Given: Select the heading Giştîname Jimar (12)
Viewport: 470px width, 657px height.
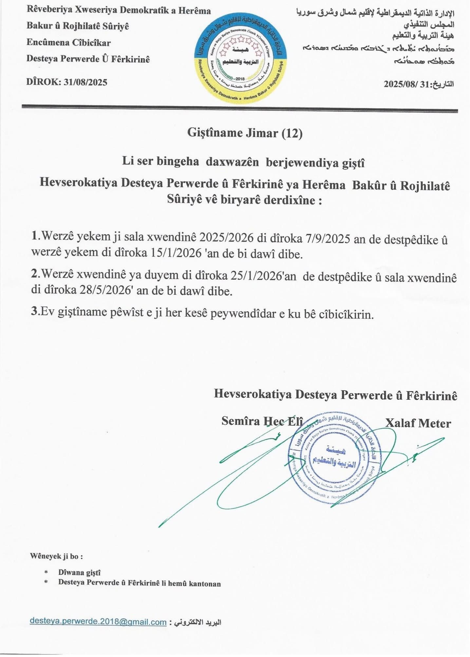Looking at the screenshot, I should [245, 134].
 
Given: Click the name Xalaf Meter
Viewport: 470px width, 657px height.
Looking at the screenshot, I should [418, 423].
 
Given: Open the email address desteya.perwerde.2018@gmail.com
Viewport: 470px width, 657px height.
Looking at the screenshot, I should [98, 621].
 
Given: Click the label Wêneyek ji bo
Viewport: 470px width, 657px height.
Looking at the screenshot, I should [56, 556].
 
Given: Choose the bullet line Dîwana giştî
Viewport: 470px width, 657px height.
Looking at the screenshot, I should [79, 573].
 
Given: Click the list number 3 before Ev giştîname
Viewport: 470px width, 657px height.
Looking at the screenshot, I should [34, 312].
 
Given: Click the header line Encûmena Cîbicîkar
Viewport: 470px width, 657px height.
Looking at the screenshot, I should [68, 43].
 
